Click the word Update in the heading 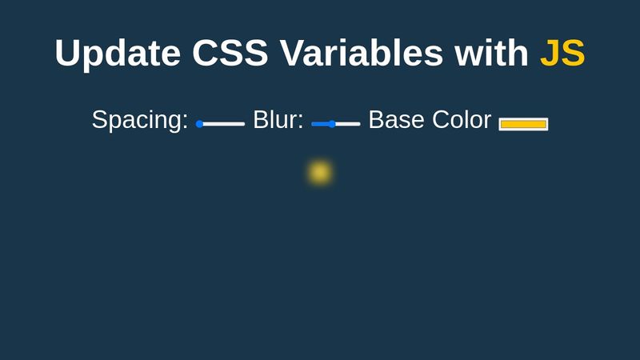pyautogui.click(x=117, y=54)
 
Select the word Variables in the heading pyautogui.click(x=362, y=54)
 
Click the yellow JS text pyautogui.click(x=562, y=54)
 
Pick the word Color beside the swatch pyautogui.click(x=462, y=120)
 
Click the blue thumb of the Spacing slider pyautogui.click(x=199, y=124)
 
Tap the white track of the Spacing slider pyautogui.click(x=224, y=124)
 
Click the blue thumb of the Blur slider pyautogui.click(x=332, y=124)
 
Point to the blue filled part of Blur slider pyautogui.click(x=320, y=124)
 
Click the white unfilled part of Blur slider pyautogui.click(x=348, y=124)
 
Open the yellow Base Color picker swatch pyautogui.click(x=523, y=124)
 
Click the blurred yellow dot pyautogui.click(x=320, y=172)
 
